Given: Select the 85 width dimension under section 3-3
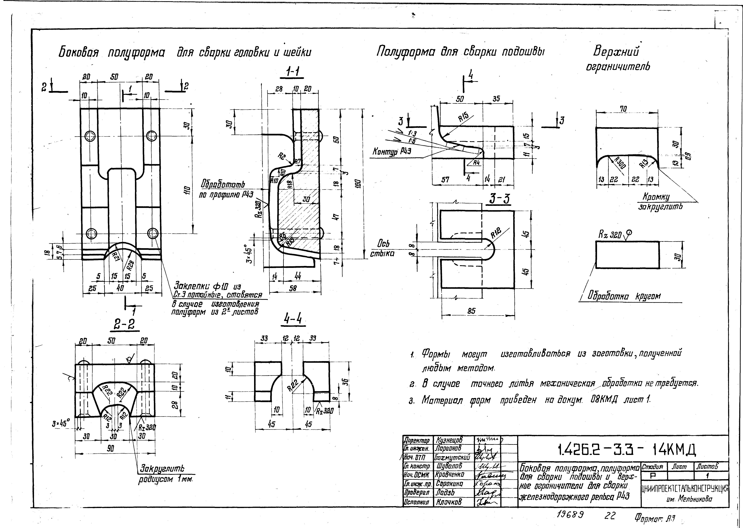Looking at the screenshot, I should click(x=471, y=311).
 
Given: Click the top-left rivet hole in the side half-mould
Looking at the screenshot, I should click(x=89, y=136).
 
